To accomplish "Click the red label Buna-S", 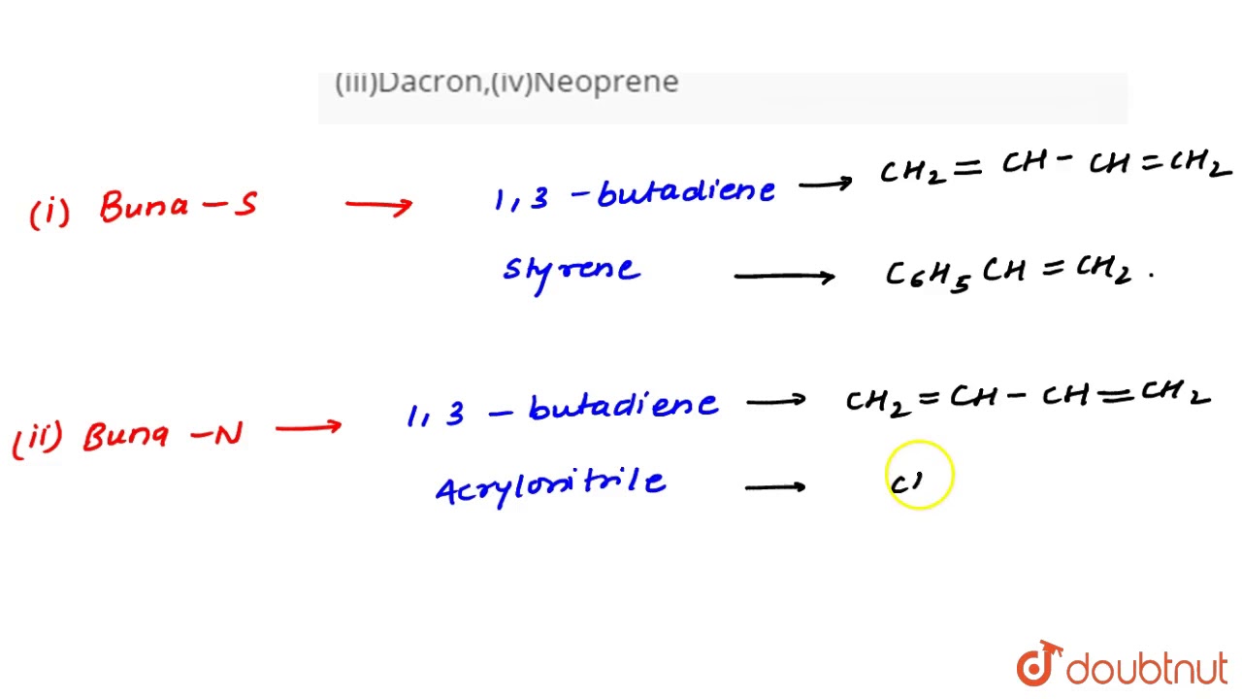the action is [x=179, y=207].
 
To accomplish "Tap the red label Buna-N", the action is [x=163, y=435].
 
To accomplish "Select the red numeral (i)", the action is [x=49, y=213].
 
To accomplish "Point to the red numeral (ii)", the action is [x=38, y=439].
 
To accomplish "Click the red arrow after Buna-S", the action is [x=378, y=205].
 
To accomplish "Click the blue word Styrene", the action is [x=571, y=270].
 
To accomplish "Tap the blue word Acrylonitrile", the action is [x=551, y=485].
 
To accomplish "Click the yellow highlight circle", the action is [x=920, y=476].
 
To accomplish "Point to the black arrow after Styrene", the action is [x=784, y=277].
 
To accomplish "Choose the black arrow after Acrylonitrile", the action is [x=774, y=486].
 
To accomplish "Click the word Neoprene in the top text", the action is [x=605, y=83].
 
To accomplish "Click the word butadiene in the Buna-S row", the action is [x=687, y=191].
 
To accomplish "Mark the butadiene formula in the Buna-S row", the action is [x=1056, y=167].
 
